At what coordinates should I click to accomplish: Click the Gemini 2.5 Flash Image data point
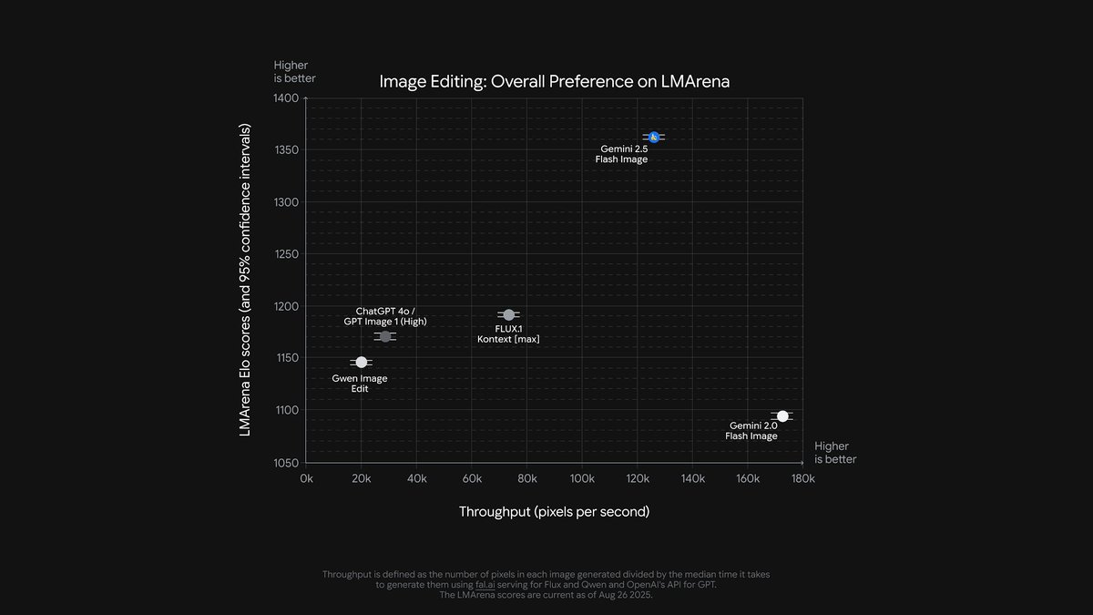653,137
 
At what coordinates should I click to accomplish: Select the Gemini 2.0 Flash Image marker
782,416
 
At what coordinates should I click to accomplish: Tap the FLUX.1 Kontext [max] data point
508,315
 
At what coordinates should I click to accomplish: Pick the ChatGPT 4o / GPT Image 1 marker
385,336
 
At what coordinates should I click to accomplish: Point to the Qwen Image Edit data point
362,363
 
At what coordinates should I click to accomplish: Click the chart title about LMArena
555,82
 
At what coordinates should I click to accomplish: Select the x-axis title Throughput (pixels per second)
554,512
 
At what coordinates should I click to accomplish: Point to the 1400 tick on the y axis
284,97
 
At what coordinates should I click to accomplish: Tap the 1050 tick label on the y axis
284,463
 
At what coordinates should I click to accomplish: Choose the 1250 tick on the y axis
284,254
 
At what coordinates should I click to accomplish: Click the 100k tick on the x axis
582,478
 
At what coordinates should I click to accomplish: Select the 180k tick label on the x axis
802,478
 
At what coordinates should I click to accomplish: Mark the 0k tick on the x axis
306,478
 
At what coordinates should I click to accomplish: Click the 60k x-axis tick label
472,478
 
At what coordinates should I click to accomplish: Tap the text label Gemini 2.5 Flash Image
623,154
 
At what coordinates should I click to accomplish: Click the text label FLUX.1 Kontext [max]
508,333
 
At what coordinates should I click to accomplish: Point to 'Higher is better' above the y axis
294,71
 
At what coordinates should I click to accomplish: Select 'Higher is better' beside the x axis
834,453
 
